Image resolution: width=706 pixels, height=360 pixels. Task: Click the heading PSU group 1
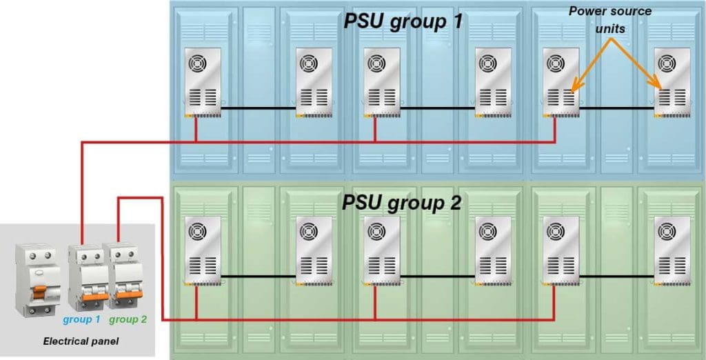coord(403,21)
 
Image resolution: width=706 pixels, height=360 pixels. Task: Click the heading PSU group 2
coord(402,202)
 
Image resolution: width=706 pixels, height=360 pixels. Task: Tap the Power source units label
coord(610,19)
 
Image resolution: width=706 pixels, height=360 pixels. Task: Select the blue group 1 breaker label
coord(81,319)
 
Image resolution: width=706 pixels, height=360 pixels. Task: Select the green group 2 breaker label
coord(128,319)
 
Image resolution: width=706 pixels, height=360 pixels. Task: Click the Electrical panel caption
coord(81,341)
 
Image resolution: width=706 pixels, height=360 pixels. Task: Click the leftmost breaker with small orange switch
coord(38,279)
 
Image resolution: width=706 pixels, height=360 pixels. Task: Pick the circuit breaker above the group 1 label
coord(88,277)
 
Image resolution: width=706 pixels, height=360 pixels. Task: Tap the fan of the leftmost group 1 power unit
coord(197,63)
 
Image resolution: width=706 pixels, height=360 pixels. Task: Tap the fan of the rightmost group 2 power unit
coord(667,232)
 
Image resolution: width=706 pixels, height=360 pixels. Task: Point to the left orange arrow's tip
coord(572,90)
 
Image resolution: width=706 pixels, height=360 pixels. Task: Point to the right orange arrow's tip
coord(660,88)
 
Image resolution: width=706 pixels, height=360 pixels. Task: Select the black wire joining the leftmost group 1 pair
coord(259,108)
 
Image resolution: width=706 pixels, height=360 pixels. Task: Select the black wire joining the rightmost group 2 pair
coord(616,277)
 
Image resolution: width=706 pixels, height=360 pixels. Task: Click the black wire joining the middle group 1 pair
coord(438,108)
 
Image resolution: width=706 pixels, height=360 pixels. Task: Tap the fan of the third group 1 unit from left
coord(376,63)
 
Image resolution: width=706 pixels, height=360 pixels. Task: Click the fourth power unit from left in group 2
coord(494,250)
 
